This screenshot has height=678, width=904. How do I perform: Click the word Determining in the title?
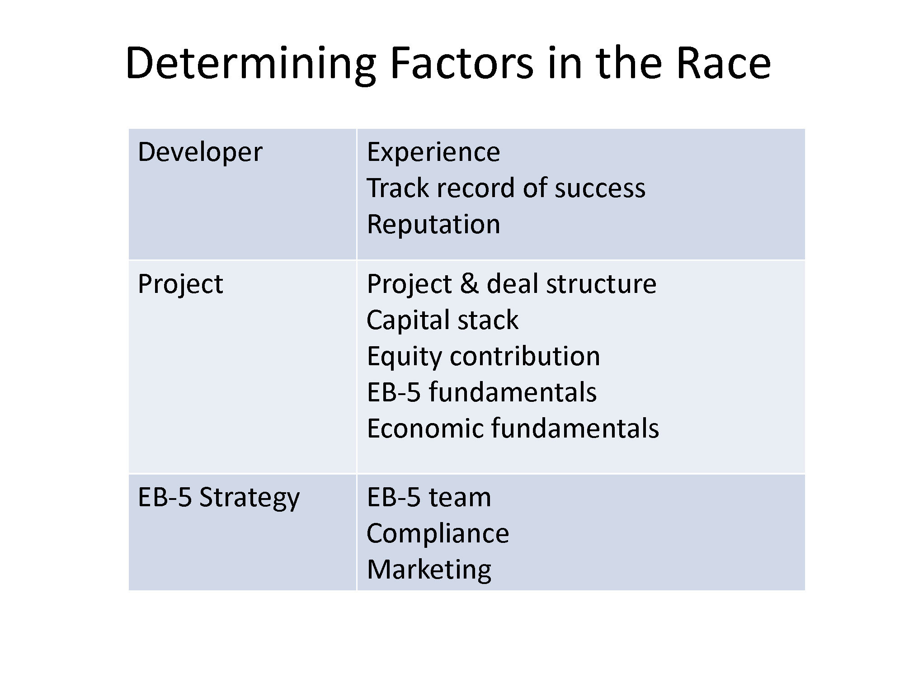(x=251, y=65)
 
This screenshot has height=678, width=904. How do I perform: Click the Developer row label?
(x=200, y=152)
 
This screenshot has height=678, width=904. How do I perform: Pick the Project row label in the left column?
(x=180, y=285)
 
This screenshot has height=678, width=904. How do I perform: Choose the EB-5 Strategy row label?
(x=219, y=498)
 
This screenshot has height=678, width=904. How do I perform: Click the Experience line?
(x=433, y=152)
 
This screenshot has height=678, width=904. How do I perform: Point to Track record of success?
(x=506, y=188)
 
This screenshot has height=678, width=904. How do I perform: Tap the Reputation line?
(x=433, y=225)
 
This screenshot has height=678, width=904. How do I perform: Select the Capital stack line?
(x=443, y=320)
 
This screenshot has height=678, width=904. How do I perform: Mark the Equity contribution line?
(x=483, y=357)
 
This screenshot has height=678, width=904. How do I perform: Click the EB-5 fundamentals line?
(x=482, y=392)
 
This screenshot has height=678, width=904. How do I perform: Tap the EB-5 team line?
(x=429, y=498)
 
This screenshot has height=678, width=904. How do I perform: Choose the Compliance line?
(x=438, y=534)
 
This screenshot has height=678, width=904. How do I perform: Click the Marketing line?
(x=429, y=570)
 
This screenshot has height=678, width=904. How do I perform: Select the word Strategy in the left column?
(x=250, y=498)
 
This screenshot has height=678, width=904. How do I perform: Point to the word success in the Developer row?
(x=600, y=189)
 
